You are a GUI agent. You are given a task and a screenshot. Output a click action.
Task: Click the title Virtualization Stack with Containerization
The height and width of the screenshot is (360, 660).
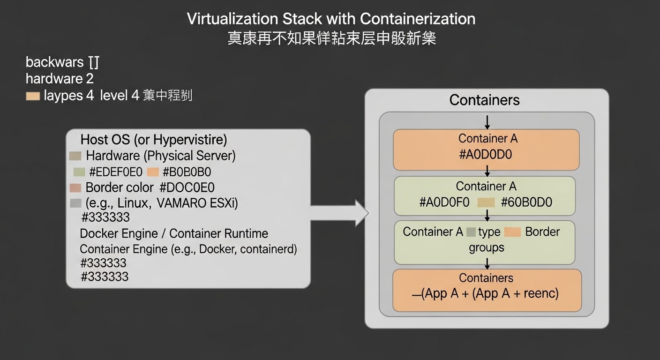331,19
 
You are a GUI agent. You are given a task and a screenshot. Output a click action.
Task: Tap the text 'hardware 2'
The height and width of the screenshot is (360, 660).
60,78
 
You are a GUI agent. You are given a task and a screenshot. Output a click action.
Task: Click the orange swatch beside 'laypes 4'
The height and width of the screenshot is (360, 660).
33,96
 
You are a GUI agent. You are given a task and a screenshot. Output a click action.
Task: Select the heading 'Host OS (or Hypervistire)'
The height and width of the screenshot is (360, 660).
154,140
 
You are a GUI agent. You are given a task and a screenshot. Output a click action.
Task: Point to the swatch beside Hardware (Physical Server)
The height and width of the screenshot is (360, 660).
75,156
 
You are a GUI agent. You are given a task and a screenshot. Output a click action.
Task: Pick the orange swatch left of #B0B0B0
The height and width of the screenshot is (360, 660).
153,172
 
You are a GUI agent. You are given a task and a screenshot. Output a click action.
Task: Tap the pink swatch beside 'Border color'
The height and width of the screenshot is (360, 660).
75,188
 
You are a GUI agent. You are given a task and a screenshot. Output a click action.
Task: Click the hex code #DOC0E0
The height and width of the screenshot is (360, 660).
187,188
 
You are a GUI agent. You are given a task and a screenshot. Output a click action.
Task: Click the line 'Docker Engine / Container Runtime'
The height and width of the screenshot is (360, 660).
174,233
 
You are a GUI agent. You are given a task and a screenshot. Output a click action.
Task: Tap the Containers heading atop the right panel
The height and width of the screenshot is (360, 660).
484,100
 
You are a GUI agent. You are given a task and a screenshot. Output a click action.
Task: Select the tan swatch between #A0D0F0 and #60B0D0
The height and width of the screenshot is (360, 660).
486,202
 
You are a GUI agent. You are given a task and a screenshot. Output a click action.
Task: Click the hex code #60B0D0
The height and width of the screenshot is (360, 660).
526,202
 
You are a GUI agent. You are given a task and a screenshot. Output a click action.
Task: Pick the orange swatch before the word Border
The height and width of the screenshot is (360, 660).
513,232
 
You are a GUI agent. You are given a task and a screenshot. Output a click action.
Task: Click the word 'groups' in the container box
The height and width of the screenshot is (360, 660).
486,247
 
